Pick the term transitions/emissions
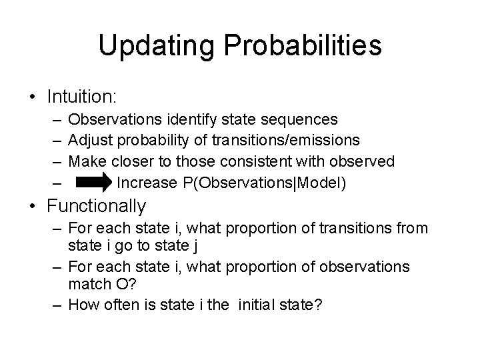coord(290,141)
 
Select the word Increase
coord(146,182)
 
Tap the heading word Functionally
coord(96,206)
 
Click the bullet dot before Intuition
coord(33,97)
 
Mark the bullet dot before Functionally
coord(33,207)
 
